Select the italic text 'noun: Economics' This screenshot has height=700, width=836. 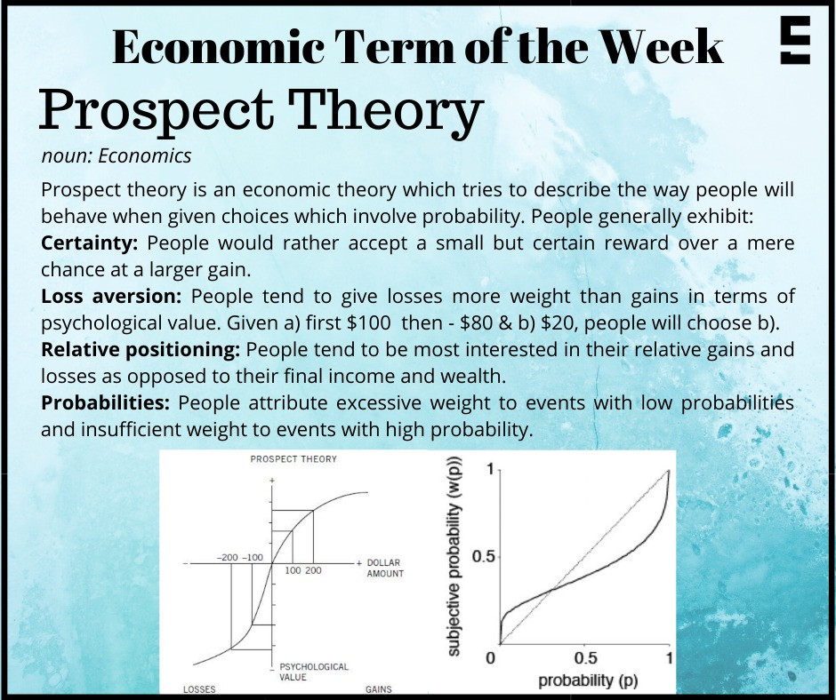tap(116, 156)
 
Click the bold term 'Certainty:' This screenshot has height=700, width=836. tap(90, 243)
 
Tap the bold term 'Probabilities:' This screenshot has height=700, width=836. tap(106, 402)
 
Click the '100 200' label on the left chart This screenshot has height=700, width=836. tap(303, 570)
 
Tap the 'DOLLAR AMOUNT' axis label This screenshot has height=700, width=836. tap(384, 569)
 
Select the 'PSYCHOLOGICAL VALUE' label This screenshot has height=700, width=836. tap(313, 672)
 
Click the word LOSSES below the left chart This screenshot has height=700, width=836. tap(199, 689)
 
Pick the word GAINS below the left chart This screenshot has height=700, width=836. tap(379, 689)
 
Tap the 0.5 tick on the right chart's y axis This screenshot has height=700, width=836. tap(482, 556)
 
